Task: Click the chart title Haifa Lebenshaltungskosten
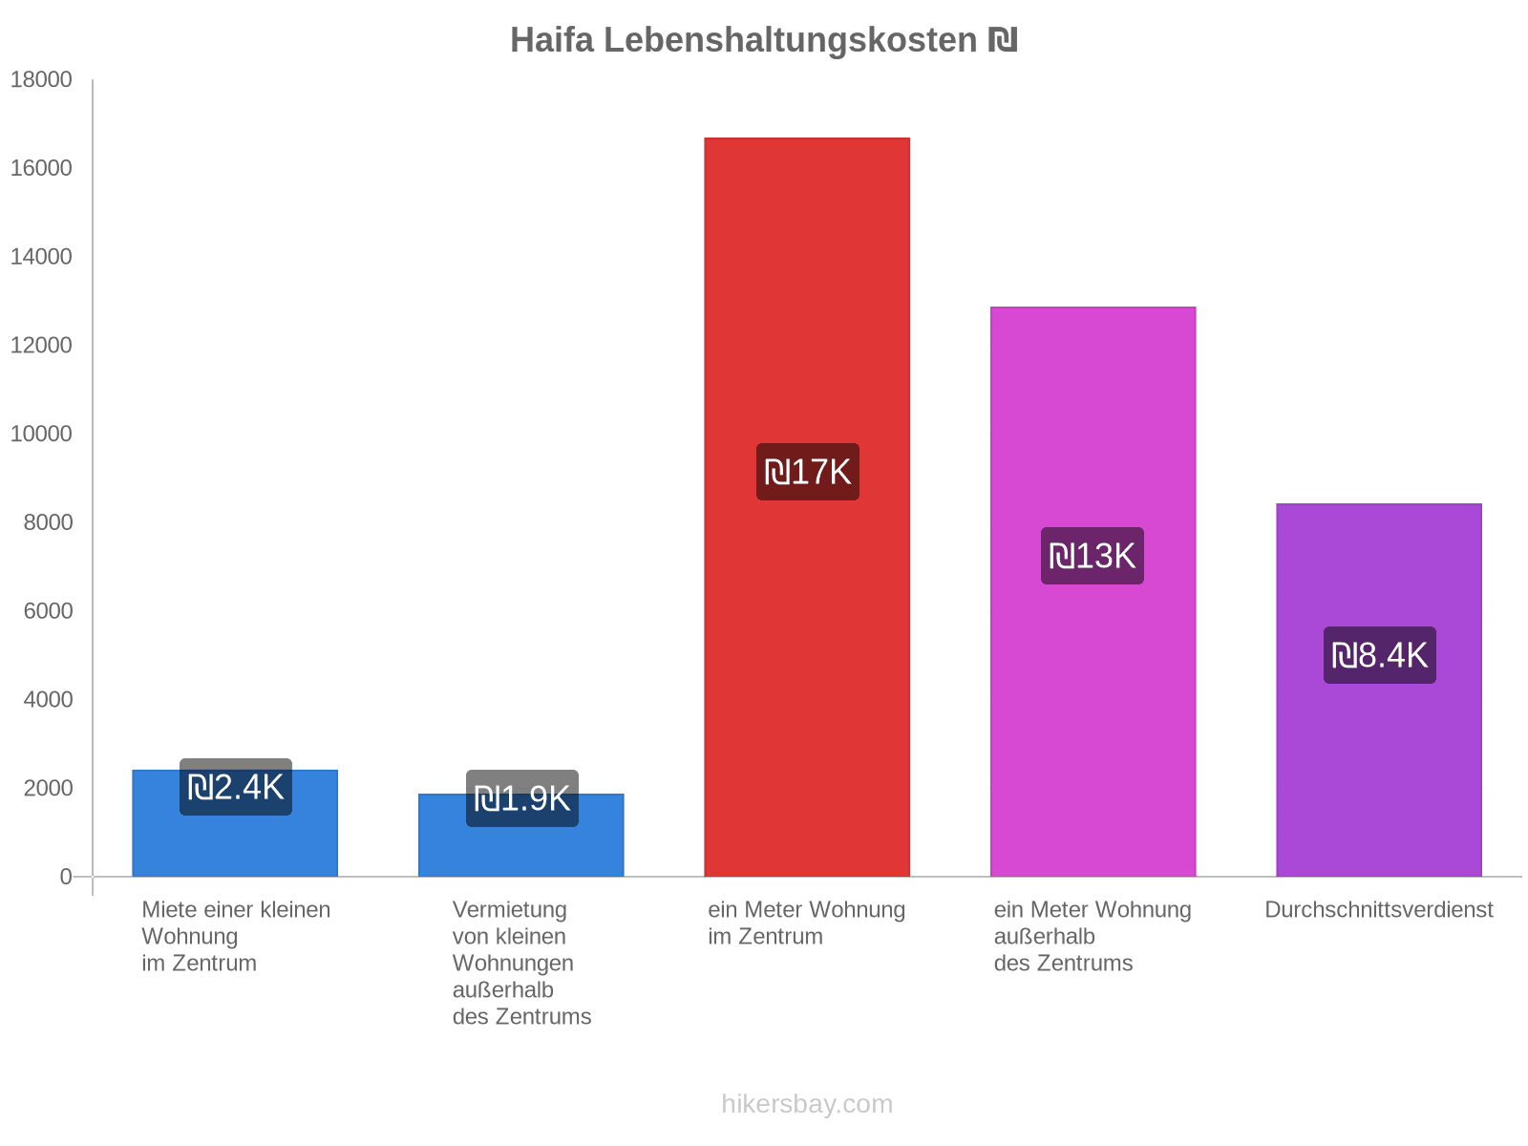(x=763, y=40)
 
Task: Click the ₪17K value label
(x=807, y=472)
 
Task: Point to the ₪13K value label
(x=1092, y=556)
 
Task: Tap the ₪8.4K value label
(x=1379, y=655)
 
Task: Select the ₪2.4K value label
(x=235, y=787)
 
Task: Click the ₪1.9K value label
(x=521, y=798)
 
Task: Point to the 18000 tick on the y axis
(x=41, y=80)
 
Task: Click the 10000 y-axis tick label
(x=41, y=435)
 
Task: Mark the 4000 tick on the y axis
(x=48, y=700)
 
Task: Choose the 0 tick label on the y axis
(x=66, y=877)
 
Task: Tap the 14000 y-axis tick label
(x=41, y=257)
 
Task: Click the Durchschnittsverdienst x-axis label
(x=1378, y=910)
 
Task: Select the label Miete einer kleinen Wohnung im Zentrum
(x=235, y=936)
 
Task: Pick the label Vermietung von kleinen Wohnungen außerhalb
(x=521, y=963)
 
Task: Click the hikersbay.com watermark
(x=807, y=1104)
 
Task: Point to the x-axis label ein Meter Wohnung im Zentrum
(x=806, y=923)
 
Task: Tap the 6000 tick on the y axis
(x=48, y=611)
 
